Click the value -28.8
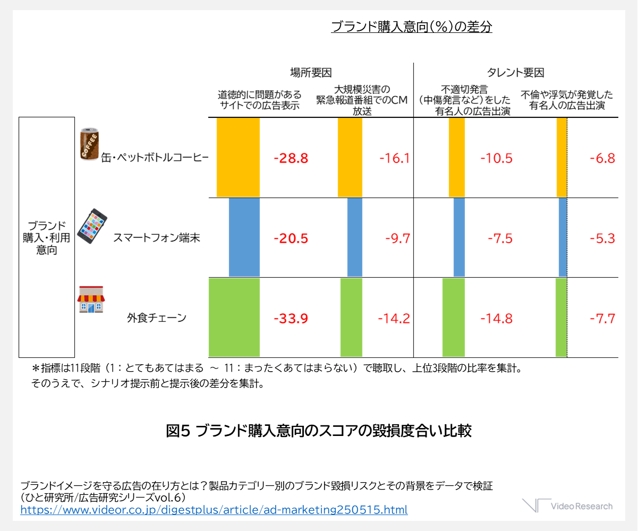coord(291,158)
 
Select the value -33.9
coord(291,319)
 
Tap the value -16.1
coord(395,158)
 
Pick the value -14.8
coord(496,319)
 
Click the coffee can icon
coord(88,144)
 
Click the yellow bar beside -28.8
coord(238,157)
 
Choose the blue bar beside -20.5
coord(244,237)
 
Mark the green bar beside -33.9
coord(234,317)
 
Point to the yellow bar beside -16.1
coord(350,157)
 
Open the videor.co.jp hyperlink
coord(214,510)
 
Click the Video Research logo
coord(567,506)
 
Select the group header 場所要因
coord(311,73)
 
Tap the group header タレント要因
coord(515,73)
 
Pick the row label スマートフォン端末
coord(156,238)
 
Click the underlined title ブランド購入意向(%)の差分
coord(411,27)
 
